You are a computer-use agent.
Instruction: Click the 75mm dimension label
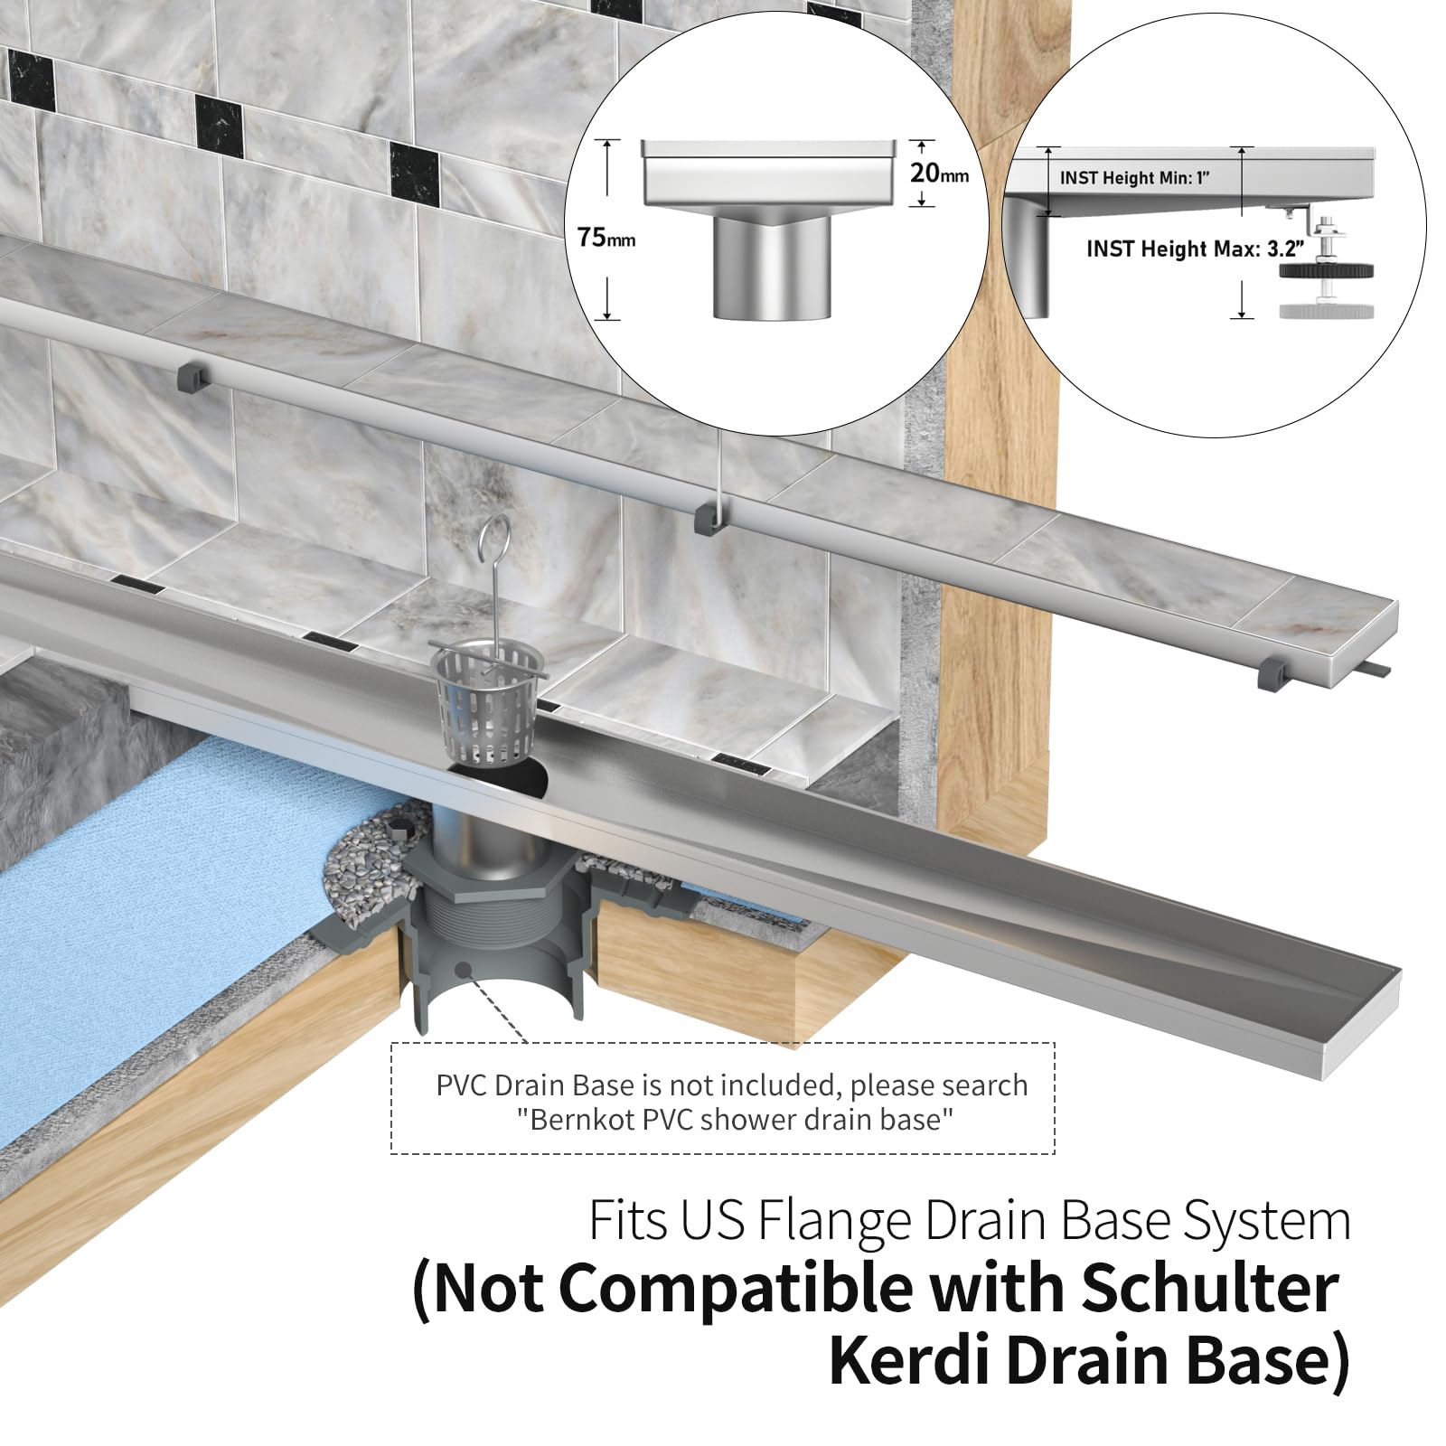(606, 239)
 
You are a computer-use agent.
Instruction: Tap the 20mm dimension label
(939, 172)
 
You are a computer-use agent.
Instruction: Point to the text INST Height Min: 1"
(1134, 177)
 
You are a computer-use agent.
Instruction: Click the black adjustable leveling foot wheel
(1327, 276)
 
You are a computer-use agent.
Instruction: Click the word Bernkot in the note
(573, 1120)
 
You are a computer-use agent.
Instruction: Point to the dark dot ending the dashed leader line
(464, 969)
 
